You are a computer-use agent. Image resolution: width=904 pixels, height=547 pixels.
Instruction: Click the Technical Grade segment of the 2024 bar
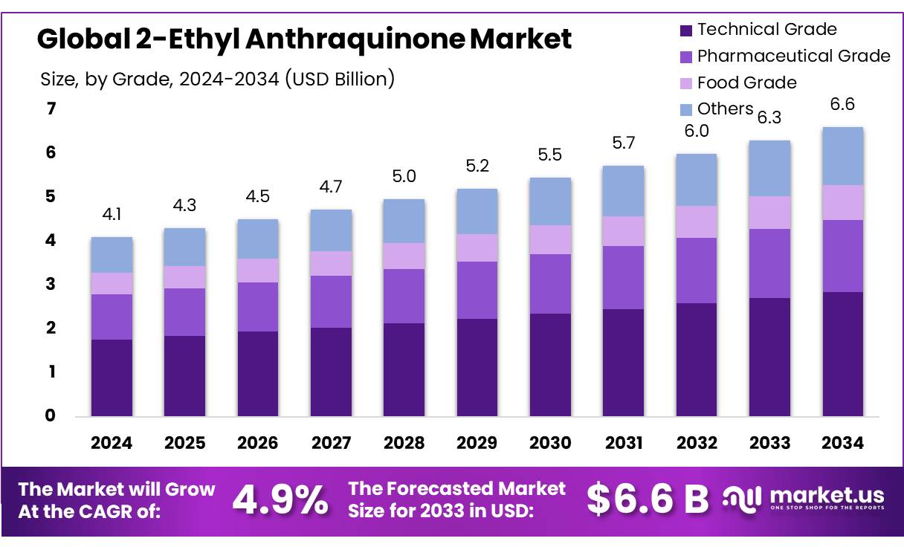(112, 378)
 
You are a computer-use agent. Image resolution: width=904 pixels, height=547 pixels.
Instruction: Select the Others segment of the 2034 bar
(842, 156)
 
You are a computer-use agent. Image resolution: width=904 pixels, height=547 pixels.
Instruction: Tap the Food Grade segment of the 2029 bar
(477, 247)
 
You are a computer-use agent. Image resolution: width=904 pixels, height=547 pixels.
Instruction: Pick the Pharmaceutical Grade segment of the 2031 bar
(623, 277)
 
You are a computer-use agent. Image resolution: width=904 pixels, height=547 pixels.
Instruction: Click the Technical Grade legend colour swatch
(685, 30)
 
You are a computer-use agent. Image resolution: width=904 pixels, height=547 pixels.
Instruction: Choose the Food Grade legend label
(746, 82)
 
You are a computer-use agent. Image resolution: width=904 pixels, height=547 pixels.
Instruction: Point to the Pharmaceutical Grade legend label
(793, 56)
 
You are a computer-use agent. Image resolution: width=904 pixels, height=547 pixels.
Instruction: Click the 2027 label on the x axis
(331, 443)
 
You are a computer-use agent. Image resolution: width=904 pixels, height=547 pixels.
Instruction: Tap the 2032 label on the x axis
(696, 443)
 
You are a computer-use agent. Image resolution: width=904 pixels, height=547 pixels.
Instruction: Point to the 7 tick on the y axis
(51, 109)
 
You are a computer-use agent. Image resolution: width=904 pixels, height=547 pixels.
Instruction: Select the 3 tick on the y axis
(51, 285)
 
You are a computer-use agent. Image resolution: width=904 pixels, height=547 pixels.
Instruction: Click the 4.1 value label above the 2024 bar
(112, 216)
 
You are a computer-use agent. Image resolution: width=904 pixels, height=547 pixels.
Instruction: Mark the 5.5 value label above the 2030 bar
(549, 155)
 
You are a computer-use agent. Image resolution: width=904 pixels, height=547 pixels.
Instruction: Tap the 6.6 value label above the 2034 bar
(842, 105)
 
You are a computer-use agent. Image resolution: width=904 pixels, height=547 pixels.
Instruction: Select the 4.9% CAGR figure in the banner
(280, 500)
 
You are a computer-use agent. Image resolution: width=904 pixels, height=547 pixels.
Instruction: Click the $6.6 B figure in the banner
(648, 499)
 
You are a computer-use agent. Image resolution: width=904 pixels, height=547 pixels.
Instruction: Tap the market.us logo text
(826, 495)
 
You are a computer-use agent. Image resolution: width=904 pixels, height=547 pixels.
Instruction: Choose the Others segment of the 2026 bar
(257, 239)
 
